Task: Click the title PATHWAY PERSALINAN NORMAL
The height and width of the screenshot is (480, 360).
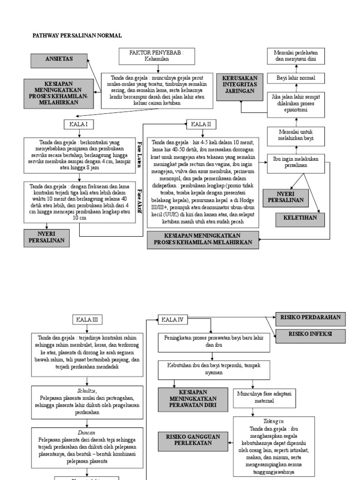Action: click(76, 35)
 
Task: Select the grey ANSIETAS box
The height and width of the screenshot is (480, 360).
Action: click(59, 60)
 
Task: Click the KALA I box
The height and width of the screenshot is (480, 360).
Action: click(78, 124)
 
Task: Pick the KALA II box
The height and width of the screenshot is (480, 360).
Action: click(202, 124)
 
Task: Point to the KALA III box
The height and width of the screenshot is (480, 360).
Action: click(88, 320)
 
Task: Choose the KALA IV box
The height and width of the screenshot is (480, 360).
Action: click(173, 320)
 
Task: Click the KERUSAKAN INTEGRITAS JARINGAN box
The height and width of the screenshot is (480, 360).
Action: click(239, 86)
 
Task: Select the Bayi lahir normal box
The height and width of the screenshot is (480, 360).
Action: click(295, 78)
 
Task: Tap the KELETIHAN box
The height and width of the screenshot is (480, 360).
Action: click(300, 218)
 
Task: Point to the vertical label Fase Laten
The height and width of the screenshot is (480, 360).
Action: click(139, 152)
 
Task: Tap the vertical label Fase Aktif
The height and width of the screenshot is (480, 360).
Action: click(139, 202)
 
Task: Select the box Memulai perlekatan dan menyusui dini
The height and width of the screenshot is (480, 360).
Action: click(295, 56)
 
